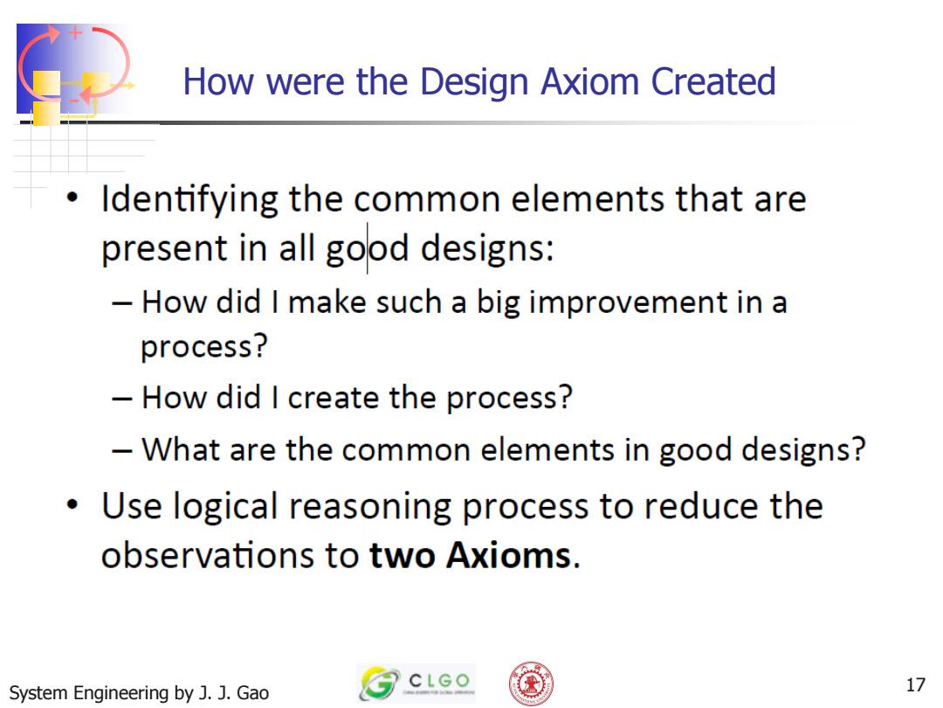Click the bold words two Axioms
(470, 554)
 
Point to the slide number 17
(915, 684)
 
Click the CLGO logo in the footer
(416, 684)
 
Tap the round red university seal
(531, 684)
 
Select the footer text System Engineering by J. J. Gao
(139, 693)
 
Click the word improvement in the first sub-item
(628, 302)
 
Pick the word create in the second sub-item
(334, 398)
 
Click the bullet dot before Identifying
(72, 198)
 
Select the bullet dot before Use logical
(72, 504)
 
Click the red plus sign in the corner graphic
(74, 33)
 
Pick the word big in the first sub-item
(498, 302)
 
